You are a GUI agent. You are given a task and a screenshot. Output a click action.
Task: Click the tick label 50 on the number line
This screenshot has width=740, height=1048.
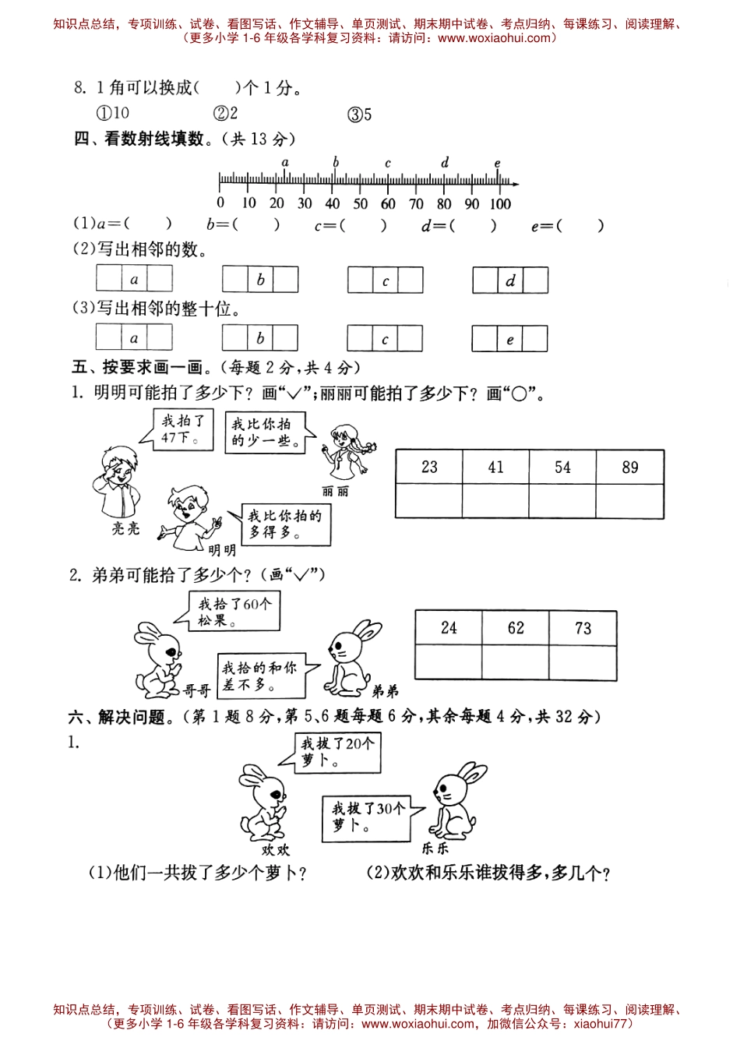[x=360, y=204]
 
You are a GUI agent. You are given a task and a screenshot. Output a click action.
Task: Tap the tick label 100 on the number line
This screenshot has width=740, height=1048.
[x=499, y=204]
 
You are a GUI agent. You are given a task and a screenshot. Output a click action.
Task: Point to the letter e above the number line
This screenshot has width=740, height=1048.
[x=498, y=164]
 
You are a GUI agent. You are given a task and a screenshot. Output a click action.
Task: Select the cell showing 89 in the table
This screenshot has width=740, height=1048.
[x=629, y=467]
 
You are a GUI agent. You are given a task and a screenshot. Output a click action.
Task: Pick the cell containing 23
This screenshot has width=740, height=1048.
[x=429, y=467]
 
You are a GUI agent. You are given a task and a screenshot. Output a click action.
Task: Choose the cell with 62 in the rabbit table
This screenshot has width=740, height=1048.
[x=516, y=628]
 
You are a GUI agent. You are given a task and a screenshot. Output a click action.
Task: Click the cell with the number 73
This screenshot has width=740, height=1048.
[x=583, y=628]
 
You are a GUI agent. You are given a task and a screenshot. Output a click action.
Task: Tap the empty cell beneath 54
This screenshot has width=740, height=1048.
[x=562, y=500]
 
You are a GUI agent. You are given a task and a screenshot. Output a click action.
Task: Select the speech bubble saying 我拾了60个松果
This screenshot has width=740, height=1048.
[x=234, y=611]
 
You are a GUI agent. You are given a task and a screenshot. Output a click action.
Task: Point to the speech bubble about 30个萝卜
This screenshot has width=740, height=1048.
[x=367, y=817]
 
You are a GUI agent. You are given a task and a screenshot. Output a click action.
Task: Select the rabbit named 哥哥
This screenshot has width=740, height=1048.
[x=159, y=658]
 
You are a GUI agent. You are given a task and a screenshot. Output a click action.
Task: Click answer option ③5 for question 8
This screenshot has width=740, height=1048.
[x=359, y=115]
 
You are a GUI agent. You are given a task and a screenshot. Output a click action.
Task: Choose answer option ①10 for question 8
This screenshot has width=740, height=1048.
[x=112, y=113]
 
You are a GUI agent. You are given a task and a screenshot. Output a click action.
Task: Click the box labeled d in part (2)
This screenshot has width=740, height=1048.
[x=510, y=281]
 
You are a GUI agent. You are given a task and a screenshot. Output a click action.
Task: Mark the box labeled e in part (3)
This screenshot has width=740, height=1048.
[x=509, y=339]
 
